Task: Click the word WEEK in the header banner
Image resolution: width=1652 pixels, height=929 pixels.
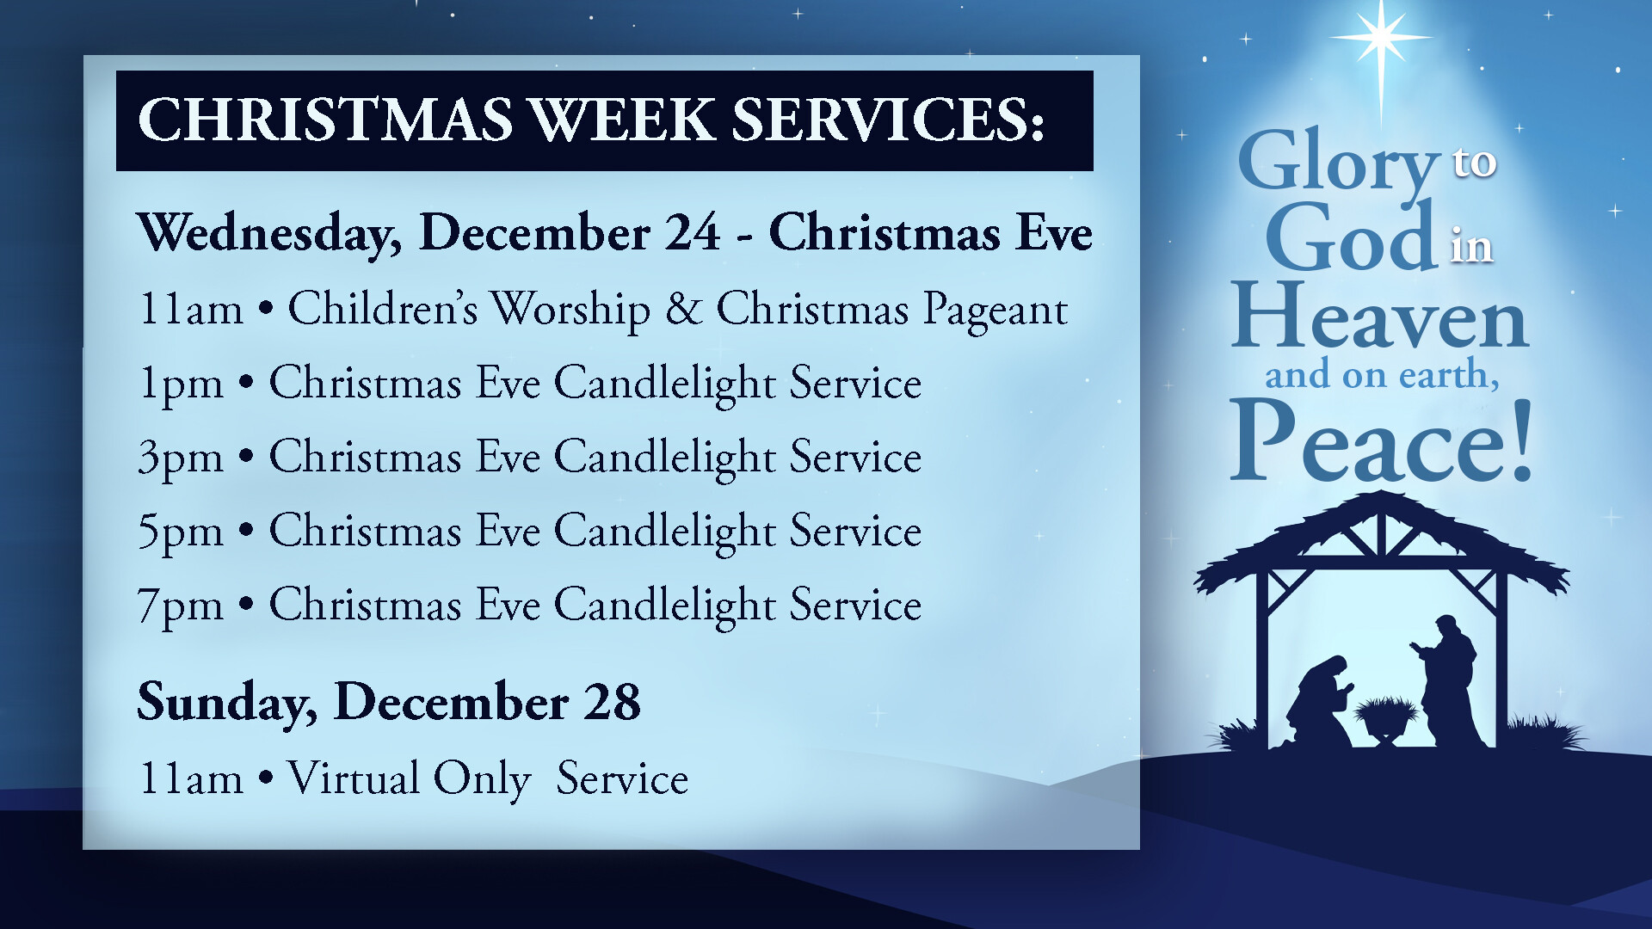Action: click(x=623, y=120)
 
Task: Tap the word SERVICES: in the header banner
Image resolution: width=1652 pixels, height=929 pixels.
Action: click(x=888, y=120)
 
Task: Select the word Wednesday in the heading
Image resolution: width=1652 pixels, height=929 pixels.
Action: click(x=268, y=233)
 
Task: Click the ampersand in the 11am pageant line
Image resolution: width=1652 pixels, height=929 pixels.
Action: click(x=684, y=308)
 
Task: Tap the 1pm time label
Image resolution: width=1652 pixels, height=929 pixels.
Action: click(x=181, y=385)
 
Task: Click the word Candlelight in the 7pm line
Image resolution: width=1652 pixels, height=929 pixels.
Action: click(x=665, y=606)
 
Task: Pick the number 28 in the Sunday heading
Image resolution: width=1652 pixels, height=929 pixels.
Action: click(x=612, y=703)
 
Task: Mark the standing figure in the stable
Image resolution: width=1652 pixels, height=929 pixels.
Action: click(x=1449, y=680)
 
